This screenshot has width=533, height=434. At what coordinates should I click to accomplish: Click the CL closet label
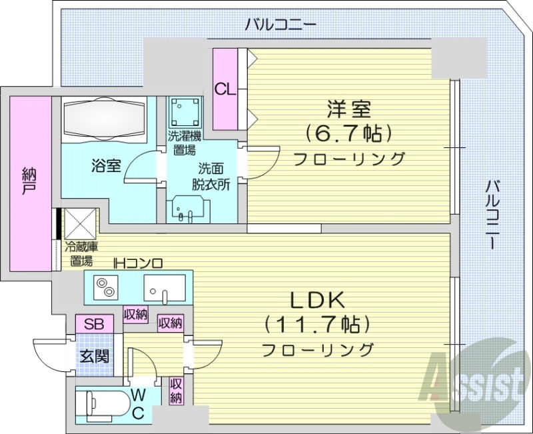[225, 89]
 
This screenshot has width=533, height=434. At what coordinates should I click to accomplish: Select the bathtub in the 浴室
[103, 119]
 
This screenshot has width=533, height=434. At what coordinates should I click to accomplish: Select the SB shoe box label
[94, 325]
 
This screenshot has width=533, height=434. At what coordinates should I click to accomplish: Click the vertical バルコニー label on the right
[492, 213]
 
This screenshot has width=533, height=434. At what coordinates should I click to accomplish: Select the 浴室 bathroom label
[107, 165]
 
